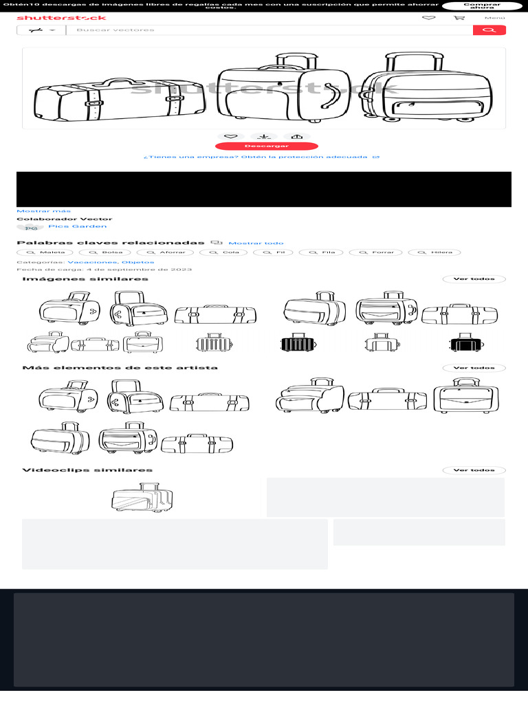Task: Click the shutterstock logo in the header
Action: [x=61, y=18]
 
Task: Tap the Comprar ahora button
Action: [x=482, y=6]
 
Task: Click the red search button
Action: [x=489, y=30]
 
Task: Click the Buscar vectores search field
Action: [x=268, y=30]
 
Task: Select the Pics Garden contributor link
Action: [x=78, y=226]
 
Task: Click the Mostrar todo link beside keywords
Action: [x=256, y=243]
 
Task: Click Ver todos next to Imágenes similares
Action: [x=474, y=279]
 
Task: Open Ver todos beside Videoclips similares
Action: [x=474, y=470]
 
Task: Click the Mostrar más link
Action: [x=43, y=211]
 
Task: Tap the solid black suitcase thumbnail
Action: [x=467, y=342]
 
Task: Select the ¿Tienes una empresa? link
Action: [x=261, y=157]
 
